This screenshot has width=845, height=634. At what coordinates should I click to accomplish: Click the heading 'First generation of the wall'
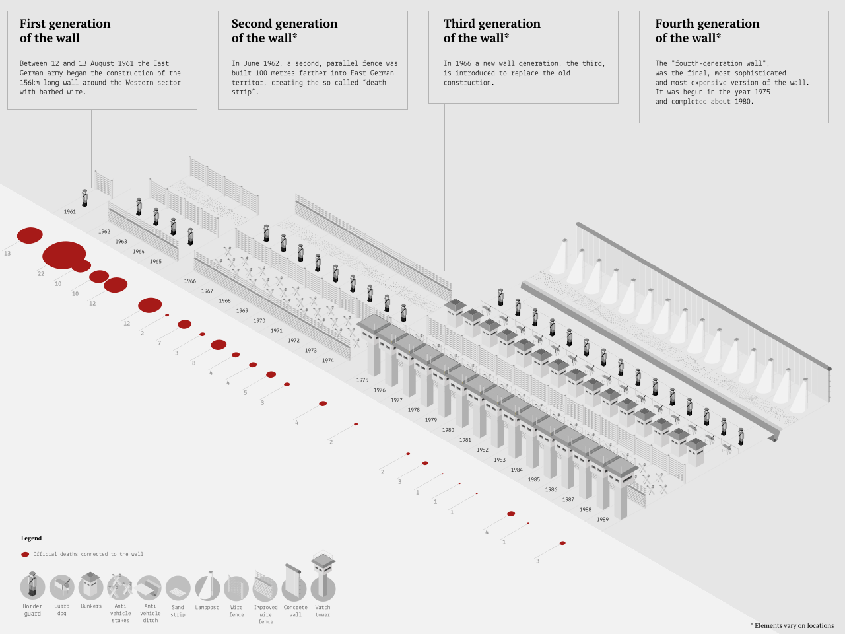click(65, 31)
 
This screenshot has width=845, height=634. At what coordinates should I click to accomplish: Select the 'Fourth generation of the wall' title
click(707, 31)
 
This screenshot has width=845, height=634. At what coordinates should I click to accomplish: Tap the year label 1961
click(70, 212)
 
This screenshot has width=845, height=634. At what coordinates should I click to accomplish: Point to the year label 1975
click(362, 380)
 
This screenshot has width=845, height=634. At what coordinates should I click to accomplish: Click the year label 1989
click(603, 520)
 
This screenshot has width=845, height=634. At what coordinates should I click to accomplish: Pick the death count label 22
click(41, 274)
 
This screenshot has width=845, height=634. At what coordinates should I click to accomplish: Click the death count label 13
click(7, 254)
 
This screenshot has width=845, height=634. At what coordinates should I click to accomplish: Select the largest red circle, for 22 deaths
click(64, 255)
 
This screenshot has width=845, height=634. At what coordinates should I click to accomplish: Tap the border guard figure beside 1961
click(84, 197)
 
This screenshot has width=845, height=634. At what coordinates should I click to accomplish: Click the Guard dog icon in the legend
click(61, 586)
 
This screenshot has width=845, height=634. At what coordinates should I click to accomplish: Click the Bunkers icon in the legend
click(91, 586)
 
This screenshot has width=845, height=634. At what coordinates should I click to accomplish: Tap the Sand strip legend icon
click(178, 588)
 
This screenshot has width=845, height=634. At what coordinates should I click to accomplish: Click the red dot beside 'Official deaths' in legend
click(25, 555)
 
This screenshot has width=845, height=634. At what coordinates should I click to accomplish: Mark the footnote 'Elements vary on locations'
click(793, 625)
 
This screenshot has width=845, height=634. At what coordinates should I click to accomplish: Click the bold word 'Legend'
click(31, 538)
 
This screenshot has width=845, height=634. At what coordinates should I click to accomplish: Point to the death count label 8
click(193, 363)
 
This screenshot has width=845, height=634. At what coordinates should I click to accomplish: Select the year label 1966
click(190, 281)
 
